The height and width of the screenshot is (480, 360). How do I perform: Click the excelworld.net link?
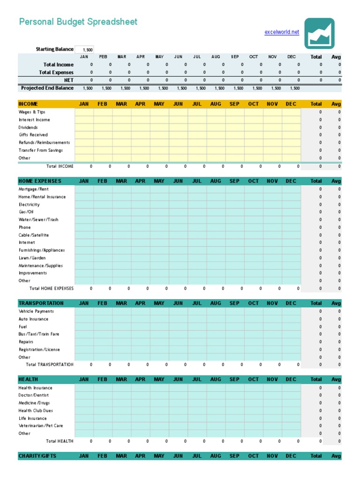tap(282, 32)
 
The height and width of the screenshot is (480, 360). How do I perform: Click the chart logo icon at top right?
tap(319, 33)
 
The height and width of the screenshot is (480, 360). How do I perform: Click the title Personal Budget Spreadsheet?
tap(78, 22)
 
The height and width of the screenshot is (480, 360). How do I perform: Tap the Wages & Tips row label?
tap(32, 112)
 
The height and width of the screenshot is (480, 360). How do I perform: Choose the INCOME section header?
tap(28, 104)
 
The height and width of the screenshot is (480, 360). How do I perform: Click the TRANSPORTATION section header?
tap(41, 303)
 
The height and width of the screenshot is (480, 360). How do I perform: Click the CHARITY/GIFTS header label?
tap(37, 456)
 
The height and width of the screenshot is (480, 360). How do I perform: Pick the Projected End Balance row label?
tap(47, 88)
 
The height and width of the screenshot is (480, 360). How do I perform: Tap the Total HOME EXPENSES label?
tap(52, 288)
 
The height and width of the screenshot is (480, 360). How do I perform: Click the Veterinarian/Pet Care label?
tap(40, 426)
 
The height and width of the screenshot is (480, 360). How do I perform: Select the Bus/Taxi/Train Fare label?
tap(39, 334)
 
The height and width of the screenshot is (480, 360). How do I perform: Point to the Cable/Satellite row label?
tap(34, 235)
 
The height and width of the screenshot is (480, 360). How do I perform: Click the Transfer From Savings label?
tap(40, 150)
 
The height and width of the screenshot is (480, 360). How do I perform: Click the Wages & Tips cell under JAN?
tap(84, 112)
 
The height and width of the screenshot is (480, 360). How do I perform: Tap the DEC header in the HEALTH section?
tap(291, 379)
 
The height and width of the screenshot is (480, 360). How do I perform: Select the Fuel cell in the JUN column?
tap(178, 327)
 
